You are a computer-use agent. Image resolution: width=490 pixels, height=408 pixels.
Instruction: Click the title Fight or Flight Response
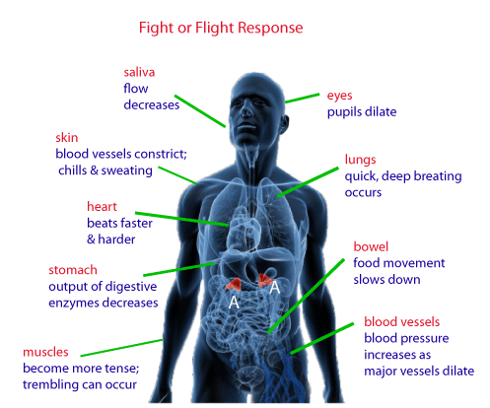tap(221, 28)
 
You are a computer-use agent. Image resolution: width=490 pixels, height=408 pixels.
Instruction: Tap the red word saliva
tap(139, 72)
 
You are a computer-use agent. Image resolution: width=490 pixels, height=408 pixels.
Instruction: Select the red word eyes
tap(339, 96)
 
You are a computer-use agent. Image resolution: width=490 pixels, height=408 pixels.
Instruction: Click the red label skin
tap(67, 137)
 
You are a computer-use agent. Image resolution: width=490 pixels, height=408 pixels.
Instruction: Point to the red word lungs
tap(360, 160)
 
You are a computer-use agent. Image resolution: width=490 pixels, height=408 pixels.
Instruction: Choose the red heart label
tap(102, 207)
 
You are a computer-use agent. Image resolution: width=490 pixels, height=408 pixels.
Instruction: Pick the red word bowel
tap(371, 246)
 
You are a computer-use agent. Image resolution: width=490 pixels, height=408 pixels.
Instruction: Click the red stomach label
tap(73, 270)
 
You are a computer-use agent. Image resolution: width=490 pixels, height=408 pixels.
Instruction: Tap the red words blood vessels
tap(401, 322)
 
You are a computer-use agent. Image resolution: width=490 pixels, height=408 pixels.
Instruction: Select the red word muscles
tap(45, 352)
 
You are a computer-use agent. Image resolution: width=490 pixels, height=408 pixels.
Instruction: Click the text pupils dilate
tap(362, 112)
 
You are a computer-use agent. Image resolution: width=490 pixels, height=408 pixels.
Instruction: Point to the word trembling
tap(47, 384)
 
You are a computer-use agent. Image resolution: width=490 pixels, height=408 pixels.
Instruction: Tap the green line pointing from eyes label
tap(303, 99)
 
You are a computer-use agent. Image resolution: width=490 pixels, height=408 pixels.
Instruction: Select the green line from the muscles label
tap(121, 348)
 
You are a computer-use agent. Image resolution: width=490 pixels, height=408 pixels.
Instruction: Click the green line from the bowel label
tap(306, 296)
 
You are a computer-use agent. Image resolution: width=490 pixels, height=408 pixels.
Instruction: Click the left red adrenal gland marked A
tap(234, 285)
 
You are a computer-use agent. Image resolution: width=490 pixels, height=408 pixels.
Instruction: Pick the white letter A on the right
tap(275, 288)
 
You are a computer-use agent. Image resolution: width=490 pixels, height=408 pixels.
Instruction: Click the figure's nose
tap(245, 111)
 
